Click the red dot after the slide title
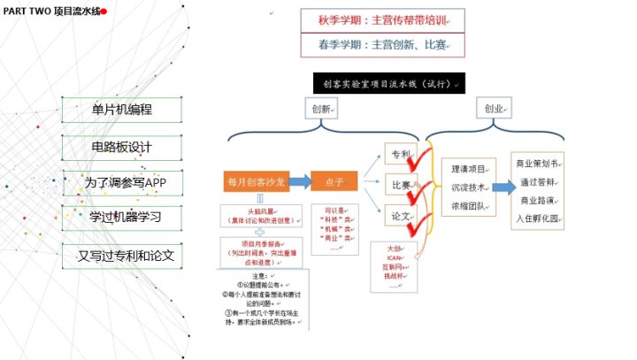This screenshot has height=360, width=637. click(104, 11)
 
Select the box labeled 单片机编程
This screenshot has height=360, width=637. click(121, 111)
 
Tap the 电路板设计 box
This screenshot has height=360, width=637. click(121, 147)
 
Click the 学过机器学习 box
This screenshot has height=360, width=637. click(121, 218)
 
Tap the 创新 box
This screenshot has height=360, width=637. click(322, 109)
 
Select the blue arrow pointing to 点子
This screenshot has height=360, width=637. click(299, 181)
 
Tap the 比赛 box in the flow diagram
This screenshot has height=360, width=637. click(400, 185)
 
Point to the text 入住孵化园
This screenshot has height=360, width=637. click(537, 217)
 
